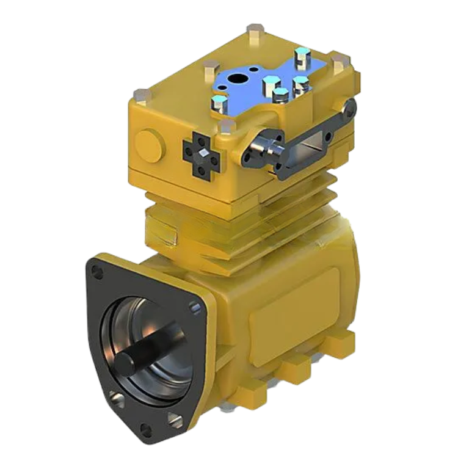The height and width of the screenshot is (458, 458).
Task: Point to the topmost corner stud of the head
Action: click(252, 28)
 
